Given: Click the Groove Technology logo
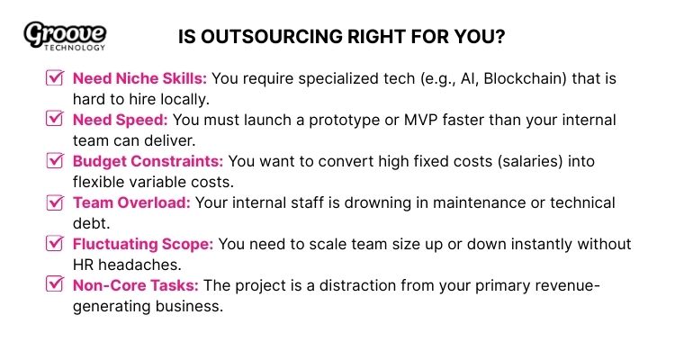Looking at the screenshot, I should [65, 36].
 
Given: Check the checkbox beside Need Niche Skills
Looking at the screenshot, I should [53, 78].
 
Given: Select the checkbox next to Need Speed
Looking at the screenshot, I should [53, 120].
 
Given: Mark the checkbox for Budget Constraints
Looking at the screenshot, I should [53, 161].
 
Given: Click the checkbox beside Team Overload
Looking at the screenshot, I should [53, 202].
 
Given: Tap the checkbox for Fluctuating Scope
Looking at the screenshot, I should [53, 244].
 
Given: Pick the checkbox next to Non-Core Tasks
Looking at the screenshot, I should [53, 285].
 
